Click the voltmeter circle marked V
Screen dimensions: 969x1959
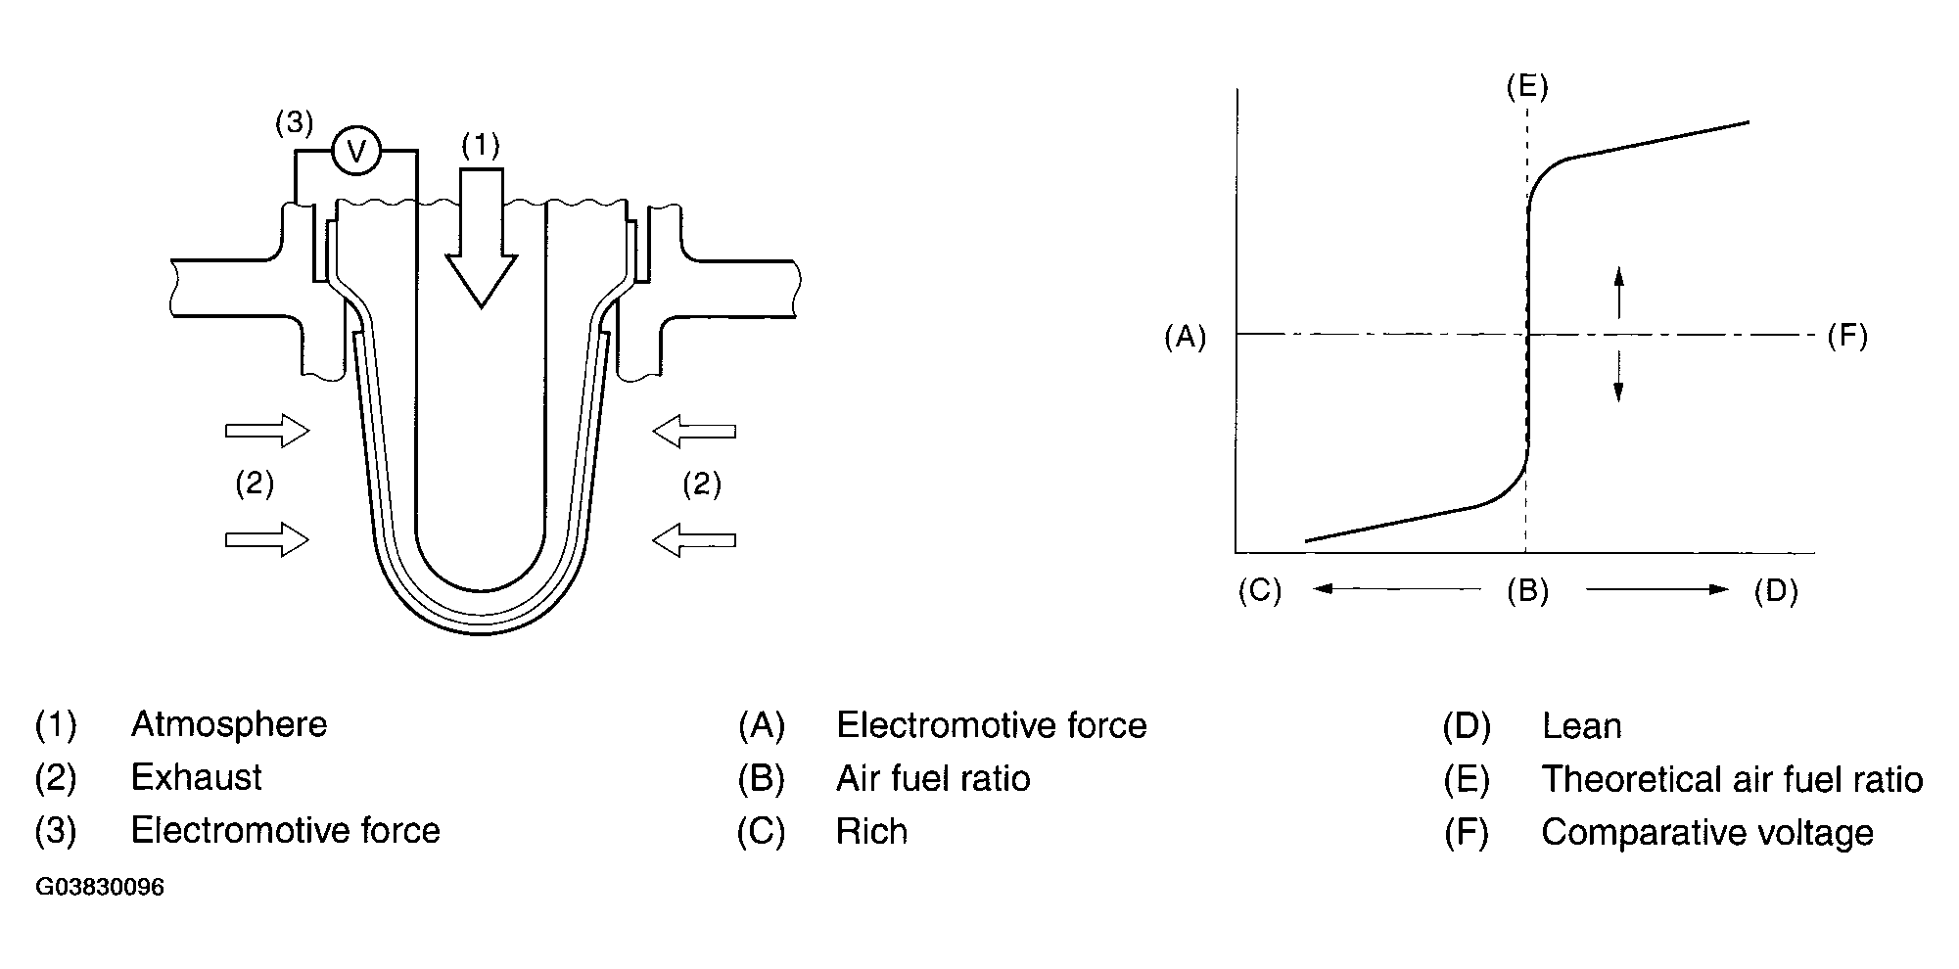coord(356,151)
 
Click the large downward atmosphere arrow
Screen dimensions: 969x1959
coord(481,240)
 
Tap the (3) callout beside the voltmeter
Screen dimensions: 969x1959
coord(294,123)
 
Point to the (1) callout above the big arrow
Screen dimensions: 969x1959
coord(481,146)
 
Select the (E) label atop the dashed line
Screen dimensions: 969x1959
coord(1527,87)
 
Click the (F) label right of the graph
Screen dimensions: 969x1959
coord(1847,337)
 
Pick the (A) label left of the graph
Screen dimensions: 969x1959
coord(1185,337)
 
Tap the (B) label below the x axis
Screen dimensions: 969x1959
coord(1527,590)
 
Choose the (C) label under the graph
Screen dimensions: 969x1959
coord(1259,590)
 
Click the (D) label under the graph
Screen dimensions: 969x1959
coord(1776,590)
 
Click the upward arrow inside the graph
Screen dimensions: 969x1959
coord(1618,292)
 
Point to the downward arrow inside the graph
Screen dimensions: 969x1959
coord(1618,377)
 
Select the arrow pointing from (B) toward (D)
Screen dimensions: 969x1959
coord(1657,589)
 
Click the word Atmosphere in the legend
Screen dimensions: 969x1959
coord(229,725)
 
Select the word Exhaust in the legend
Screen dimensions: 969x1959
coord(196,778)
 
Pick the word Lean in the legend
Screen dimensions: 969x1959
coord(1581,726)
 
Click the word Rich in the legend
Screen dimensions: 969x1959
coord(871,832)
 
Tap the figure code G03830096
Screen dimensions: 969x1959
coord(100,888)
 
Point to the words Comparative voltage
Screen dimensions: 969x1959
coord(1707,832)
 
